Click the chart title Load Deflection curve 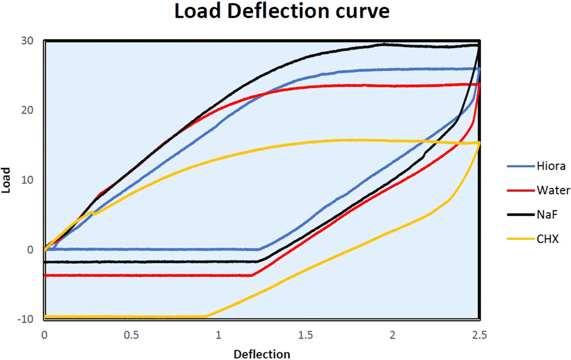(281, 12)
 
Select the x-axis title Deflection (262, 354)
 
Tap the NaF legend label (547, 215)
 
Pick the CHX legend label (547, 239)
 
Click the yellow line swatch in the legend (519, 239)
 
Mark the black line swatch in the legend (519, 215)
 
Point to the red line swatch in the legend (519, 190)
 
